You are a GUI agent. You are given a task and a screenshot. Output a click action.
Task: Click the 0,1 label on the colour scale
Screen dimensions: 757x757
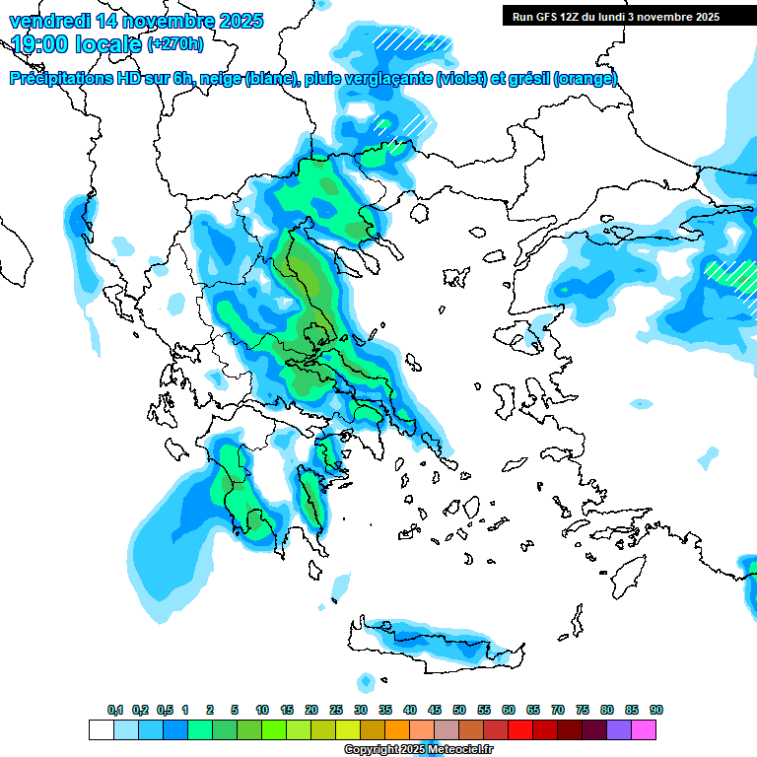115,710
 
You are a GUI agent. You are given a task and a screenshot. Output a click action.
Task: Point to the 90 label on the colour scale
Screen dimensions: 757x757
656,710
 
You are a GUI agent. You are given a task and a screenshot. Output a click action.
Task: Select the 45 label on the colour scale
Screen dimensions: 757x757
435,710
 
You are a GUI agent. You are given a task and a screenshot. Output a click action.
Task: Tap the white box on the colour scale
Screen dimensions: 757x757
101,729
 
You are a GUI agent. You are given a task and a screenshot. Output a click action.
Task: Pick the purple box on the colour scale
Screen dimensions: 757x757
619,729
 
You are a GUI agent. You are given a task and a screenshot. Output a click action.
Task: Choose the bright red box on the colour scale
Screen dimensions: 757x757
520,729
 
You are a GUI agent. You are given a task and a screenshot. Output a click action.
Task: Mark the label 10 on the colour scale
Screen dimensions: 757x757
262,710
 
